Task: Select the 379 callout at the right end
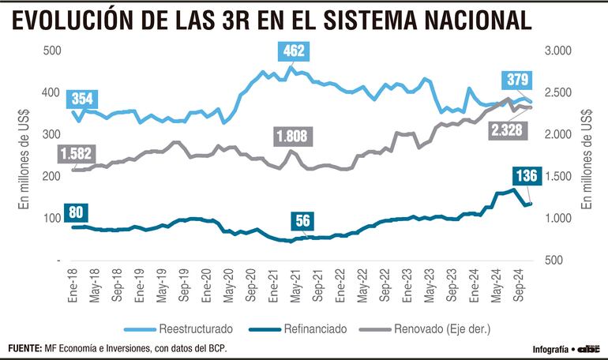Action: pos(519,80)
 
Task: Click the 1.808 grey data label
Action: pos(295,137)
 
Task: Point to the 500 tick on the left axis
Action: pos(52,51)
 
